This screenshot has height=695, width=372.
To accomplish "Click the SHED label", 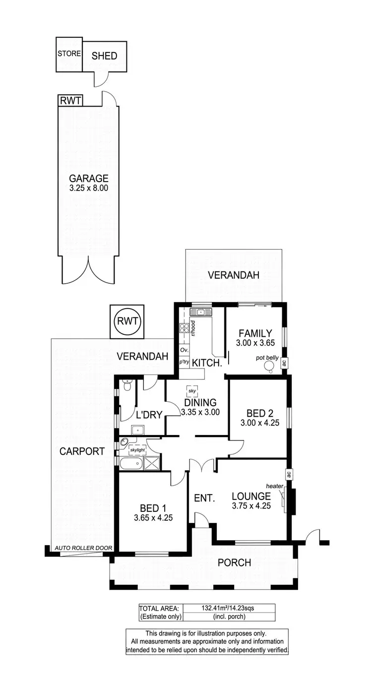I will pyautogui.click(x=104, y=56).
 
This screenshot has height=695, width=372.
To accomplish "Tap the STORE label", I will pyautogui.click(x=69, y=54).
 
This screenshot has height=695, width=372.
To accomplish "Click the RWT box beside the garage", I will pyautogui.click(x=70, y=101).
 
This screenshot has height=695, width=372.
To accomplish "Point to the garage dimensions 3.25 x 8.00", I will pyautogui.click(x=88, y=188).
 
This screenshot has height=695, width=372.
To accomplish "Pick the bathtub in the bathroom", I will pyautogui.click(x=131, y=464).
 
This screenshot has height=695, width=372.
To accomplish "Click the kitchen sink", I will pyautogui.click(x=201, y=312).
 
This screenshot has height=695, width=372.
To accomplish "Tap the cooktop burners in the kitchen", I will pyautogui.click(x=184, y=327).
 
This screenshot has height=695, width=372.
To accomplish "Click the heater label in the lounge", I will pyautogui.click(x=274, y=486).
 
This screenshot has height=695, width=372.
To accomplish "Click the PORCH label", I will pyautogui.click(x=234, y=563).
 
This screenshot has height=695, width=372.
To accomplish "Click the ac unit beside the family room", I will pyautogui.click(x=284, y=363).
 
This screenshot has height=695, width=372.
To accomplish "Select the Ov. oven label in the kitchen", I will pyautogui.click(x=184, y=350).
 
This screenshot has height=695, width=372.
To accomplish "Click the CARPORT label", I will pyautogui.click(x=82, y=451).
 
